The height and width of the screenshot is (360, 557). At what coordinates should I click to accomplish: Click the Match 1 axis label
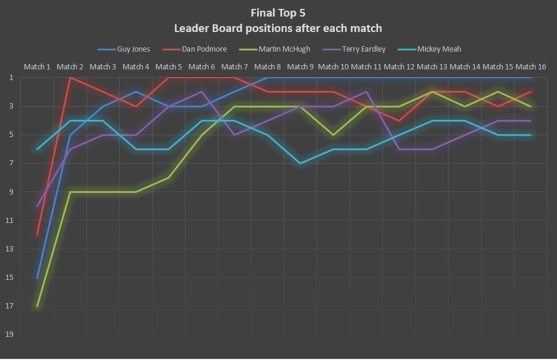pyautogui.click(x=37, y=67)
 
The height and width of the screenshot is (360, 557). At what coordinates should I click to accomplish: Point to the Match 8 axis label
pyautogui.click(x=268, y=67)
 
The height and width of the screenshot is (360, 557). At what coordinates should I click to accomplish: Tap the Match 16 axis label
pyautogui.click(x=531, y=67)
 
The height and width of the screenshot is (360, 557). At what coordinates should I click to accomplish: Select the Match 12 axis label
pyautogui.click(x=399, y=67)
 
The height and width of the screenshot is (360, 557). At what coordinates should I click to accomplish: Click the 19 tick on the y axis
pyautogui.click(x=10, y=334)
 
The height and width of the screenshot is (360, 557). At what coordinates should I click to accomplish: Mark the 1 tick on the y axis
pyautogui.click(x=11, y=78)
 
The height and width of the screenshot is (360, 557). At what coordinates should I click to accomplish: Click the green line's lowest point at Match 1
pyautogui.click(x=37, y=306)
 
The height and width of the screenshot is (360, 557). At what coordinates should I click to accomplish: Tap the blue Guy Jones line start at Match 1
pyautogui.click(x=37, y=278)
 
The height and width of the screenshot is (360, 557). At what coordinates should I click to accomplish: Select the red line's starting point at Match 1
pyautogui.click(x=37, y=235)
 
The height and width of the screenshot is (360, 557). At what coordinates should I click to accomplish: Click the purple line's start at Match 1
pyautogui.click(x=37, y=206)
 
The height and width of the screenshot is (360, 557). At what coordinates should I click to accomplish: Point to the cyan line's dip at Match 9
pyautogui.click(x=301, y=163)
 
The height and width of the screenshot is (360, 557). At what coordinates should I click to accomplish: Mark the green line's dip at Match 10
pyautogui.click(x=334, y=135)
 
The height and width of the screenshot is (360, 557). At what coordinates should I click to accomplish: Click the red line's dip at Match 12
pyautogui.click(x=399, y=120)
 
